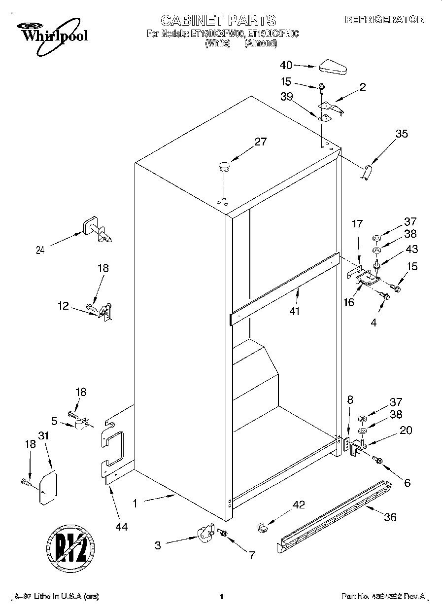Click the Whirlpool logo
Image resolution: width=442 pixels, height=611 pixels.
coord(48,32)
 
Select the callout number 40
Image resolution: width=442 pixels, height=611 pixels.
coord(286,65)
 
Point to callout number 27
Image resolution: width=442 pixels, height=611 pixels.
coord(260,142)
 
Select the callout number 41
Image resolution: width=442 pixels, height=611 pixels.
coord(295,311)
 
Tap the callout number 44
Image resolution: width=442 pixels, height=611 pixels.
coord(121,527)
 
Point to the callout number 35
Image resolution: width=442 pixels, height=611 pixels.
coord(402,133)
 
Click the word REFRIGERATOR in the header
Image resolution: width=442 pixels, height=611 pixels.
coord(384,20)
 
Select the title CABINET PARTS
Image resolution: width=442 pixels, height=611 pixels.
coord(218,20)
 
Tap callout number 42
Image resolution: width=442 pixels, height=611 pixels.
coord(299,504)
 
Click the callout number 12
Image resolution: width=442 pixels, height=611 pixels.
coord(64,306)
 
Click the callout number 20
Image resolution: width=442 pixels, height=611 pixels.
coord(406,430)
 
